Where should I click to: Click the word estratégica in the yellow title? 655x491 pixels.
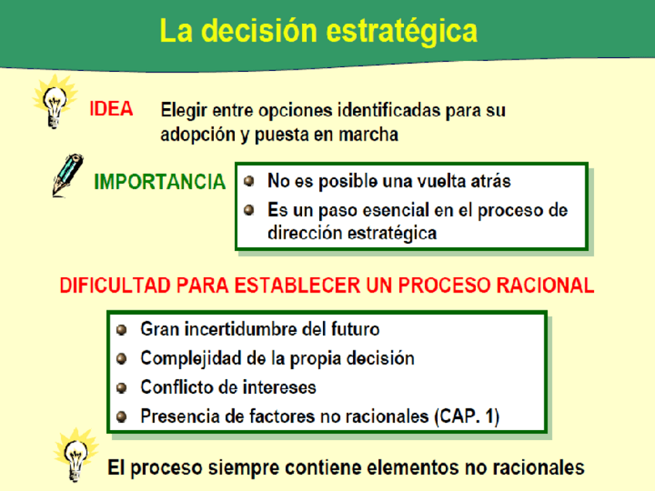coord(401,32)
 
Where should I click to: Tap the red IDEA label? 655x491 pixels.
coord(111,110)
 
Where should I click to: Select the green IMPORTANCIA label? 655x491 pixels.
coord(160,182)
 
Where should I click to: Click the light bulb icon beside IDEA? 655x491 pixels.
coord(55,101)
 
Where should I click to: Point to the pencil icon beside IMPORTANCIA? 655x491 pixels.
coord(68,175)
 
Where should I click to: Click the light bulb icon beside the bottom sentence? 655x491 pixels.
coord(76,455)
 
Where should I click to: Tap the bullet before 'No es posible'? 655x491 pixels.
coord(249,181)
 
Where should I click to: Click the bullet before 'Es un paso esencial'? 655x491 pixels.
coord(249,209)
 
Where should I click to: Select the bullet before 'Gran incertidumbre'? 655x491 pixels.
coord(121,330)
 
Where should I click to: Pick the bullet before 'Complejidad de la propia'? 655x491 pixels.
coord(121,359)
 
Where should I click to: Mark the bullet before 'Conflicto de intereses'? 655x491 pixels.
coord(121,388)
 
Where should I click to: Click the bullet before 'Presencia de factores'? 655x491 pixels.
coord(121,417)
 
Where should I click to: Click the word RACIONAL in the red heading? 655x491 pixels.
coord(545,286)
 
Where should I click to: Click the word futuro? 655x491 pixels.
coord(355,330)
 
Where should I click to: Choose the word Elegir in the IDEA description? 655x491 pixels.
coord(184,111)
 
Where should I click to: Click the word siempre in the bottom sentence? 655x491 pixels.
coord(243,469)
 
